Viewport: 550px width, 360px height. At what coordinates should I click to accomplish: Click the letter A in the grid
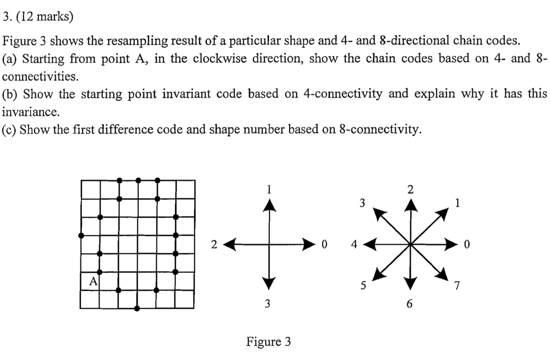pos(93,281)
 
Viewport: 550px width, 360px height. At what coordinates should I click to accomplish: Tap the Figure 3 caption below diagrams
pos(268,341)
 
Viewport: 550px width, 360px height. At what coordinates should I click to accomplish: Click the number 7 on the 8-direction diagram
pos(457,285)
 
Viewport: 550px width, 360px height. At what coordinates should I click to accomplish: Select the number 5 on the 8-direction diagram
pos(363,285)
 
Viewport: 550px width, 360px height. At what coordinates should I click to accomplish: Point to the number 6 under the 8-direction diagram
pos(409,304)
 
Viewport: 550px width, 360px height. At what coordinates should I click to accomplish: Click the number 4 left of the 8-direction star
pos(354,244)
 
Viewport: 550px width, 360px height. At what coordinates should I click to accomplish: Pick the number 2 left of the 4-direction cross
pos(214,244)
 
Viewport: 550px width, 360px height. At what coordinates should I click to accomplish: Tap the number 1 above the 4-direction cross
pos(269,190)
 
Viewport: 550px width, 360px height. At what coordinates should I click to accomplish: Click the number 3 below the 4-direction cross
pos(268,304)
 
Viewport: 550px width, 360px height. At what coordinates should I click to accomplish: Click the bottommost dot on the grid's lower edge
pos(137,309)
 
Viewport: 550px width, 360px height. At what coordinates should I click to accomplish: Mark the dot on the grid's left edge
pos(81,236)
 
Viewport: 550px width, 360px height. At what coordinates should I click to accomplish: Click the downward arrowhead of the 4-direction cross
pos(269,283)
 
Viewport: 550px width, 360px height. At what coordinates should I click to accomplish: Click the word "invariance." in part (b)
pos(31,112)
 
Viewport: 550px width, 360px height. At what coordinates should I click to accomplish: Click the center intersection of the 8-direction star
pos(410,244)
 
